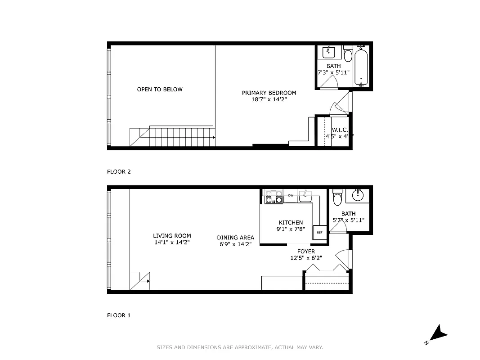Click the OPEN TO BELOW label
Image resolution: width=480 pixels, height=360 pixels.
click(x=160, y=90)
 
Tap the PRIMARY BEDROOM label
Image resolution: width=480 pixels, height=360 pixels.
click(x=269, y=93)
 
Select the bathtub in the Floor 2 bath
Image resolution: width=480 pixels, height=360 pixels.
click(x=361, y=67)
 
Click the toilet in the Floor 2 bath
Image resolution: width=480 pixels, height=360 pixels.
click(x=348, y=55)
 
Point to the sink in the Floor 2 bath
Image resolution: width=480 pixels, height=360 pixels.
click(x=329, y=52)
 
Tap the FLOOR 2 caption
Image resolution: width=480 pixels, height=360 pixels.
click(x=119, y=171)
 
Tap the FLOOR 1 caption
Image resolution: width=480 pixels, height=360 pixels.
click(x=119, y=315)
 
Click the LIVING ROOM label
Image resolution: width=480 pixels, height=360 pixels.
click(x=172, y=236)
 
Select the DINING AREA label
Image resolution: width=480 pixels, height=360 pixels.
click(x=235, y=238)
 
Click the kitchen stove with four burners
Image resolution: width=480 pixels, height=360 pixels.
click(x=274, y=198)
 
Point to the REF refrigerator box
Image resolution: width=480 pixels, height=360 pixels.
click(x=320, y=232)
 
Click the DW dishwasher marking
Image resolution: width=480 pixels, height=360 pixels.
click(x=291, y=195)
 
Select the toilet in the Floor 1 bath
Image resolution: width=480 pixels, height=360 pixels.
click(x=337, y=198)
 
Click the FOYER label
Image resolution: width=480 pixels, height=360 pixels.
click(x=306, y=252)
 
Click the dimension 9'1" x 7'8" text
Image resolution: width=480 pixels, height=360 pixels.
click(x=291, y=229)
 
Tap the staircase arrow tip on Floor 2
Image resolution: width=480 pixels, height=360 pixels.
click(x=214, y=137)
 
